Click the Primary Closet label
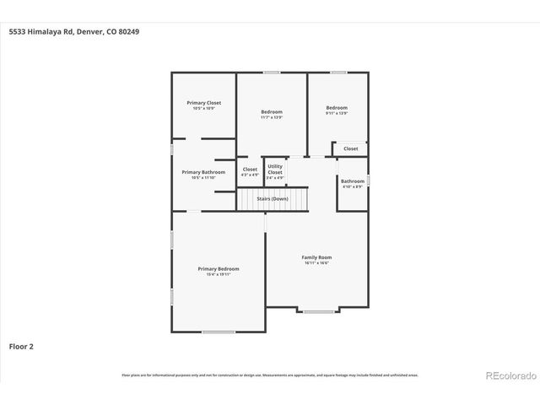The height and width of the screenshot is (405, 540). (x=203, y=103)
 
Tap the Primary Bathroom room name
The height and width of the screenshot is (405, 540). (x=203, y=172)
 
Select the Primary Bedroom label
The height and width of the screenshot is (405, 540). (x=219, y=268)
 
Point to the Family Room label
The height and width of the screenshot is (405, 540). (x=317, y=256)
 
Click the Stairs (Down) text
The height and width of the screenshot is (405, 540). (x=273, y=198)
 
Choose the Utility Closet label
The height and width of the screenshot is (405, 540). (x=275, y=169)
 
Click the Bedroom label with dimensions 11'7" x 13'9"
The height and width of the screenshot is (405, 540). (x=272, y=111)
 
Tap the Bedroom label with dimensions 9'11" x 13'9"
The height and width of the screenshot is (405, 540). (x=337, y=108)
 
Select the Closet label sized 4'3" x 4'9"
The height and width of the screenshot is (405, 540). (x=250, y=169)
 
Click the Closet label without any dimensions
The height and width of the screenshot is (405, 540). (x=350, y=148)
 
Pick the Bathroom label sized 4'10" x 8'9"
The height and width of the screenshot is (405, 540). (x=353, y=181)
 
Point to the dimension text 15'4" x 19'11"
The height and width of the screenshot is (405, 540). (x=219, y=274)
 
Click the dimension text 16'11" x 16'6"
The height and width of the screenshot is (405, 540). (x=317, y=262)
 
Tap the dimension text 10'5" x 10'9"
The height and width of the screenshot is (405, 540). (x=203, y=109)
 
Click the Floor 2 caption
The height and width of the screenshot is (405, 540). (x=21, y=346)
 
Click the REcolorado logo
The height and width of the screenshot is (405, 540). (x=510, y=375)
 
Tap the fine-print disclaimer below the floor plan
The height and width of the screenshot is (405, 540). (x=270, y=375)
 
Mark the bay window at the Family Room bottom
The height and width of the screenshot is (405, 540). (x=318, y=311)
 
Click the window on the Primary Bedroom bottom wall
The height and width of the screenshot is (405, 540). (x=219, y=332)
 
